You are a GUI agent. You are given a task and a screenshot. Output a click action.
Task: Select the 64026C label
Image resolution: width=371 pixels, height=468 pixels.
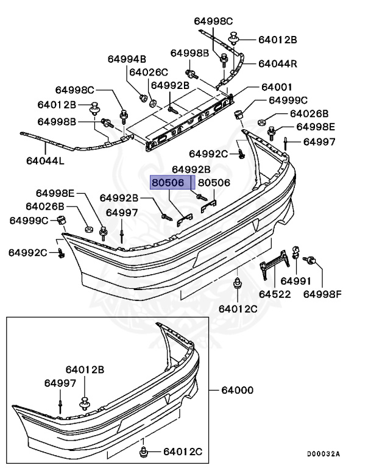(x=149, y=72)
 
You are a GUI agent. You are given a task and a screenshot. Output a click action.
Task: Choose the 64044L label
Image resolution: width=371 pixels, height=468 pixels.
(x=45, y=161)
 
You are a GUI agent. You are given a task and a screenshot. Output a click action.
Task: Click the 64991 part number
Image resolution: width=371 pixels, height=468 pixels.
(x=295, y=282)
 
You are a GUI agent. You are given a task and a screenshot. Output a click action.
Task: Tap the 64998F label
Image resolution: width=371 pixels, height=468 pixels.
(x=323, y=294)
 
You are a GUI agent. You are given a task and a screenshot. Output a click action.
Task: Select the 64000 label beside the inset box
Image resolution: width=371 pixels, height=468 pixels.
(x=237, y=390)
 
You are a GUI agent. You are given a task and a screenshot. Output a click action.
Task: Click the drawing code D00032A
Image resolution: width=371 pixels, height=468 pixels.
(x=323, y=453)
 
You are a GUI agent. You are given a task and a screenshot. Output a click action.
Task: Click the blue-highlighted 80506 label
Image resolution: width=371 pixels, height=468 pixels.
(x=168, y=182)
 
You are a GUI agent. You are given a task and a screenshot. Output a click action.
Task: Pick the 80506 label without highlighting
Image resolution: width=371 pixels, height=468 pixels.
(x=214, y=182)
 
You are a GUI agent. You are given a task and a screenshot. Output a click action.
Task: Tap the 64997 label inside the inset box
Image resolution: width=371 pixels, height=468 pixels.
(x=60, y=383)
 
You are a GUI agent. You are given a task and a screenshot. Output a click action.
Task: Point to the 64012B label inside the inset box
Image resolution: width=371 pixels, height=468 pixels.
(x=85, y=369)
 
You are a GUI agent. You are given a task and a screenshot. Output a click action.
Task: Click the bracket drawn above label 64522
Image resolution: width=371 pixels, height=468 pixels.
(x=275, y=263)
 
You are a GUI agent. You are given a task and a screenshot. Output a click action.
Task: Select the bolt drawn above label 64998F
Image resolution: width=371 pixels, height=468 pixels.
(x=311, y=262)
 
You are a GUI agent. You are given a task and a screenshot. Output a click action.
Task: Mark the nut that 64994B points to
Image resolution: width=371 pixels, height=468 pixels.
(x=143, y=97)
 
